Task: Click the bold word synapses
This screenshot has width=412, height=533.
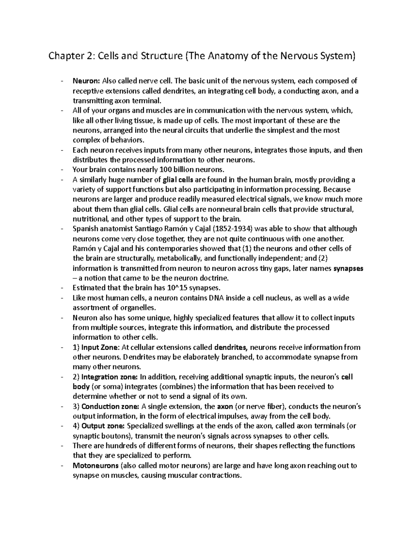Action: [348, 268]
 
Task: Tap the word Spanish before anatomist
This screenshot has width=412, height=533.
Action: [85, 229]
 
